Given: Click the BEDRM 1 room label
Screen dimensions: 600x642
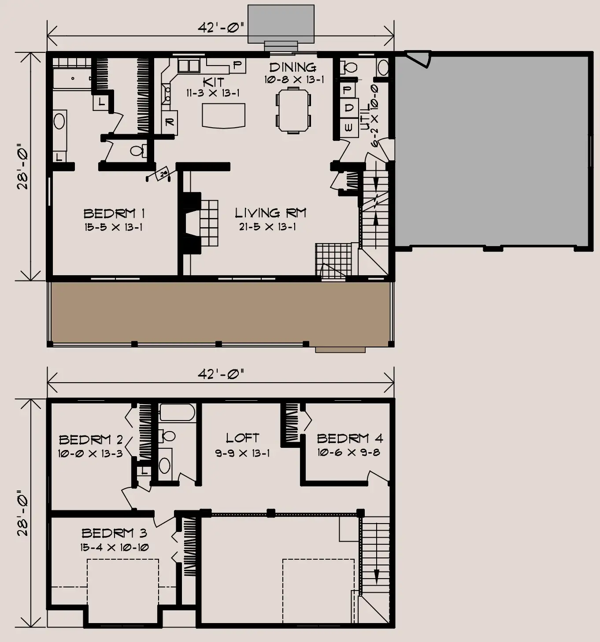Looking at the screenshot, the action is pos(114,214).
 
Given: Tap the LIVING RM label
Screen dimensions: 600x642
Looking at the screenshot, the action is pos(270,213).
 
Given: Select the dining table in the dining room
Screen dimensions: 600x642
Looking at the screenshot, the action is pos(293,110).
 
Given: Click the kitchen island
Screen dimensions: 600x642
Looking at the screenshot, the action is pos(223,115).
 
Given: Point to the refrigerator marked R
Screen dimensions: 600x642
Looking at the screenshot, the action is pos(170,122).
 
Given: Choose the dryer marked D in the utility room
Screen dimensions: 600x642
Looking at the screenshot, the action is pos(349,108).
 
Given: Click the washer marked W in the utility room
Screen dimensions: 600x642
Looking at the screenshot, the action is pos(349,128).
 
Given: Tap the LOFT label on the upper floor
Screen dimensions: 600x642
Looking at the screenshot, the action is pos(242,438).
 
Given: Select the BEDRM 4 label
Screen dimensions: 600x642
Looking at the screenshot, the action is pos(350,439).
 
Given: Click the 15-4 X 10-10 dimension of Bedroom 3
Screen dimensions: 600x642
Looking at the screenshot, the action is pos(115,547).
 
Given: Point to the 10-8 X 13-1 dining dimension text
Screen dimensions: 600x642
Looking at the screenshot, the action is pos(294,80).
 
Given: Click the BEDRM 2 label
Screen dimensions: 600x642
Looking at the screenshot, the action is pos(91,439).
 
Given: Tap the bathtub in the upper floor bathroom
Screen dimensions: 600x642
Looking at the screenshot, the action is pos(177,413).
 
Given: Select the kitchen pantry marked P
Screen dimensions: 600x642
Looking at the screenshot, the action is pos(237,66).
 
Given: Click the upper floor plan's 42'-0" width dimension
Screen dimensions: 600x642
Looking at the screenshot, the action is pos(221,374).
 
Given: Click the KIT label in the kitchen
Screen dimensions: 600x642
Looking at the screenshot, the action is pos(213,82).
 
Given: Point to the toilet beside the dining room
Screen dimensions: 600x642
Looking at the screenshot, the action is pos(348,68).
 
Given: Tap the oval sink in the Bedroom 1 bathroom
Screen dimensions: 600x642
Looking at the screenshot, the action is pos(59,122).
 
